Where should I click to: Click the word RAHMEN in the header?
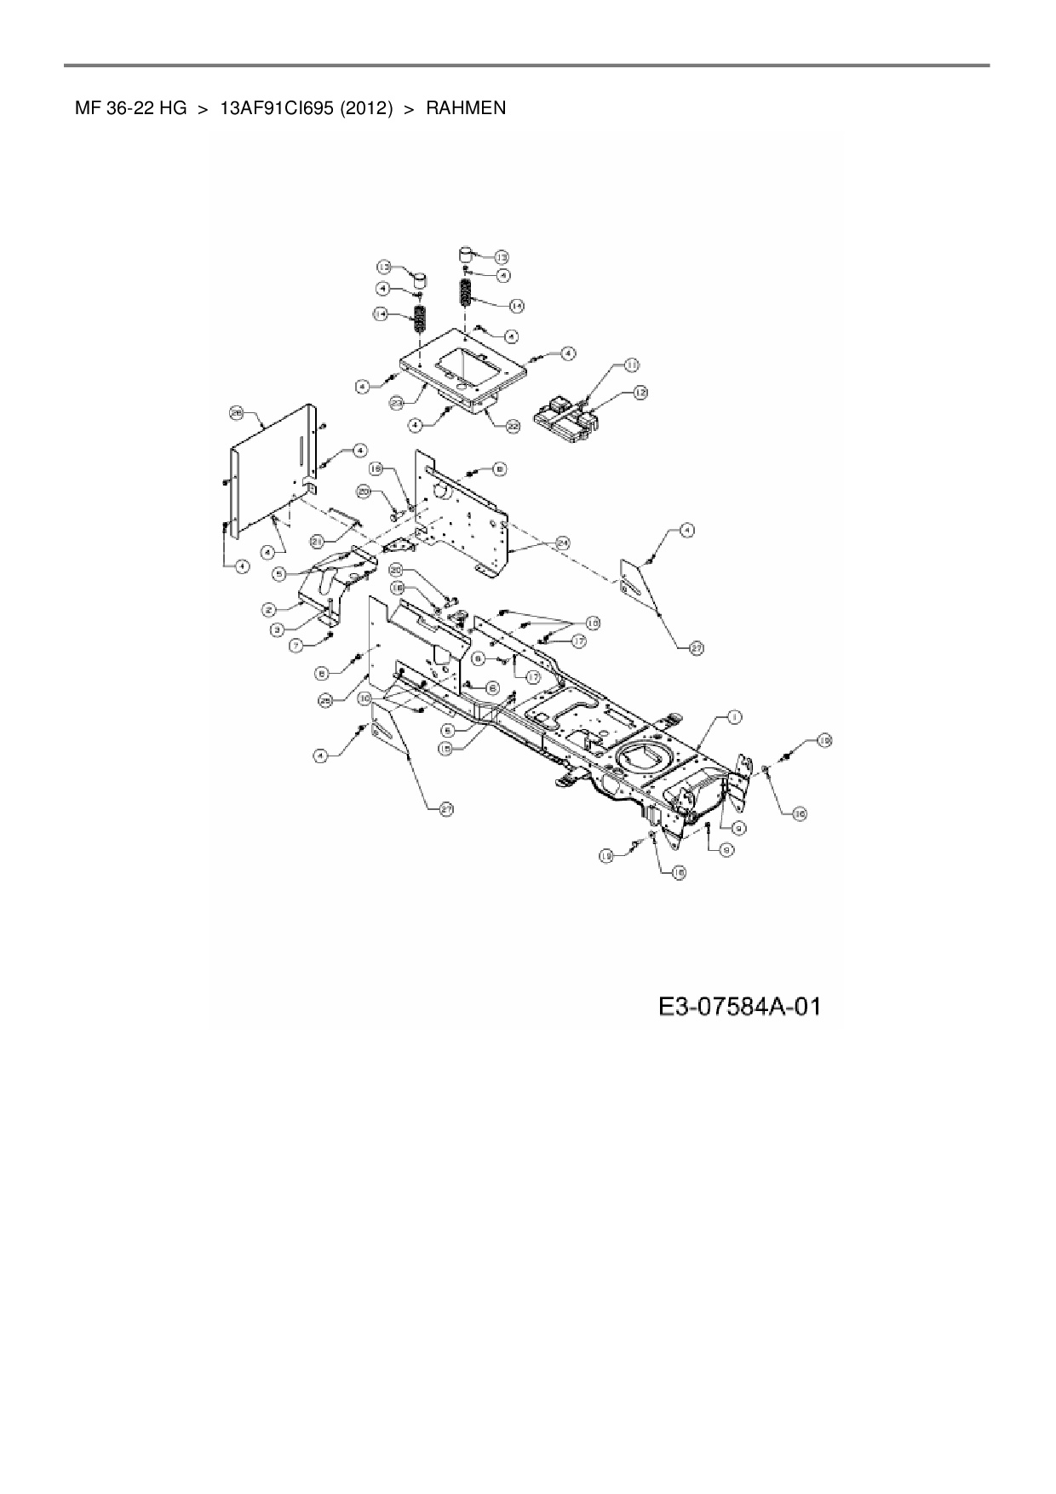click(x=466, y=108)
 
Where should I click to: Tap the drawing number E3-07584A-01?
click(x=738, y=1007)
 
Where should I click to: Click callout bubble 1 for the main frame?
click(x=732, y=718)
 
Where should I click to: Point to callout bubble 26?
click(x=237, y=413)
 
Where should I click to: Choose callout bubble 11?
click(x=631, y=365)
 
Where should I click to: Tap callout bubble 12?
click(x=640, y=393)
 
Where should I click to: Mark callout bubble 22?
click(x=513, y=428)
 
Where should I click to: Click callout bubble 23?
click(x=397, y=402)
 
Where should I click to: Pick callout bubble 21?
click(x=317, y=540)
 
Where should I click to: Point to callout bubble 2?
click(x=268, y=609)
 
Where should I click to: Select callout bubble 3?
click(x=278, y=629)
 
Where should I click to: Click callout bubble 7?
click(x=297, y=646)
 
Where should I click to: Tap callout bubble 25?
click(x=325, y=700)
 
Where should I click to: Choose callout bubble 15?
click(x=445, y=748)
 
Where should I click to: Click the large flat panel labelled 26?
click(x=273, y=477)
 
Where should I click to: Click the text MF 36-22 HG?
click(x=130, y=108)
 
